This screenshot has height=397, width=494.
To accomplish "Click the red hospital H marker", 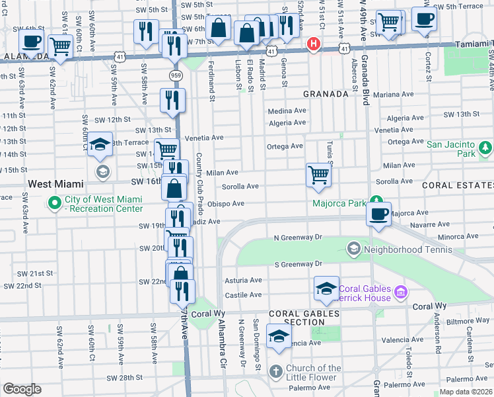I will coord(313,45).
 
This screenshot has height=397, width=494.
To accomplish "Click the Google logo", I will coord(22,389).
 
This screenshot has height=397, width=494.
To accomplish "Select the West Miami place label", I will coord(55,183).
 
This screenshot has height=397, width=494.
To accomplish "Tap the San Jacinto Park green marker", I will coord(485,146).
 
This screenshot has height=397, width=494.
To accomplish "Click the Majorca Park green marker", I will coord(376,200).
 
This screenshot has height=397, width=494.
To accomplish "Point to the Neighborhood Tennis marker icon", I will coord(353,249).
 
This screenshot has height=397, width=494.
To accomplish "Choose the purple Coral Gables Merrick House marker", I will coord(400,291).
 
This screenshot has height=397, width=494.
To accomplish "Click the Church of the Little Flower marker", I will coord(276,372).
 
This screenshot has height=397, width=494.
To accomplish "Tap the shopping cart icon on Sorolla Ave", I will coord(318,175).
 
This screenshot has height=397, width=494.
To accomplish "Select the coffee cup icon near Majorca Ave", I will coord(379,214).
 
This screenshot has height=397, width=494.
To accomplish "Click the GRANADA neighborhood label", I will coord(326,94).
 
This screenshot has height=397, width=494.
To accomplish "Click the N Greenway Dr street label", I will coord(297,237).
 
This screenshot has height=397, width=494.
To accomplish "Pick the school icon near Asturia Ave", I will coord(326,288).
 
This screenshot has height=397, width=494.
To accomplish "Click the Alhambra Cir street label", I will coord(223,344).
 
